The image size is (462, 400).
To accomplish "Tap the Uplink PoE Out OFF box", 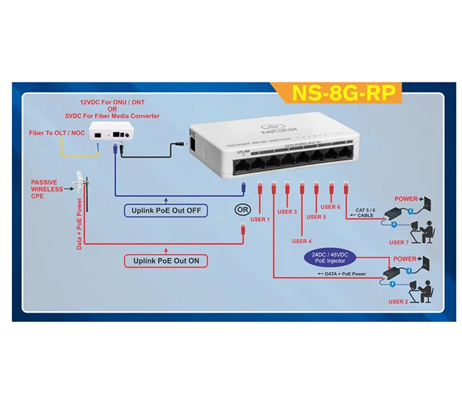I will click(166, 210).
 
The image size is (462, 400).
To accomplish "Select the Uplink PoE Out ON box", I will click(166, 261).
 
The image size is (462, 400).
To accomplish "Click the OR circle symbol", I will click(242, 210).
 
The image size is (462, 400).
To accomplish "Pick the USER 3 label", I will click(287, 212).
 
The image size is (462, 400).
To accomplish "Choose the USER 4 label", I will click(301, 242).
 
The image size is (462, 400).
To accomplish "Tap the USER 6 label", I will click(331, 207).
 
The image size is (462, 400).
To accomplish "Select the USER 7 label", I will click(398, 243).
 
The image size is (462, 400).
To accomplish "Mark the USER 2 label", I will click(398, 301).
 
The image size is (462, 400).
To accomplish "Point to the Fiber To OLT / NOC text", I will click(58, 133).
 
